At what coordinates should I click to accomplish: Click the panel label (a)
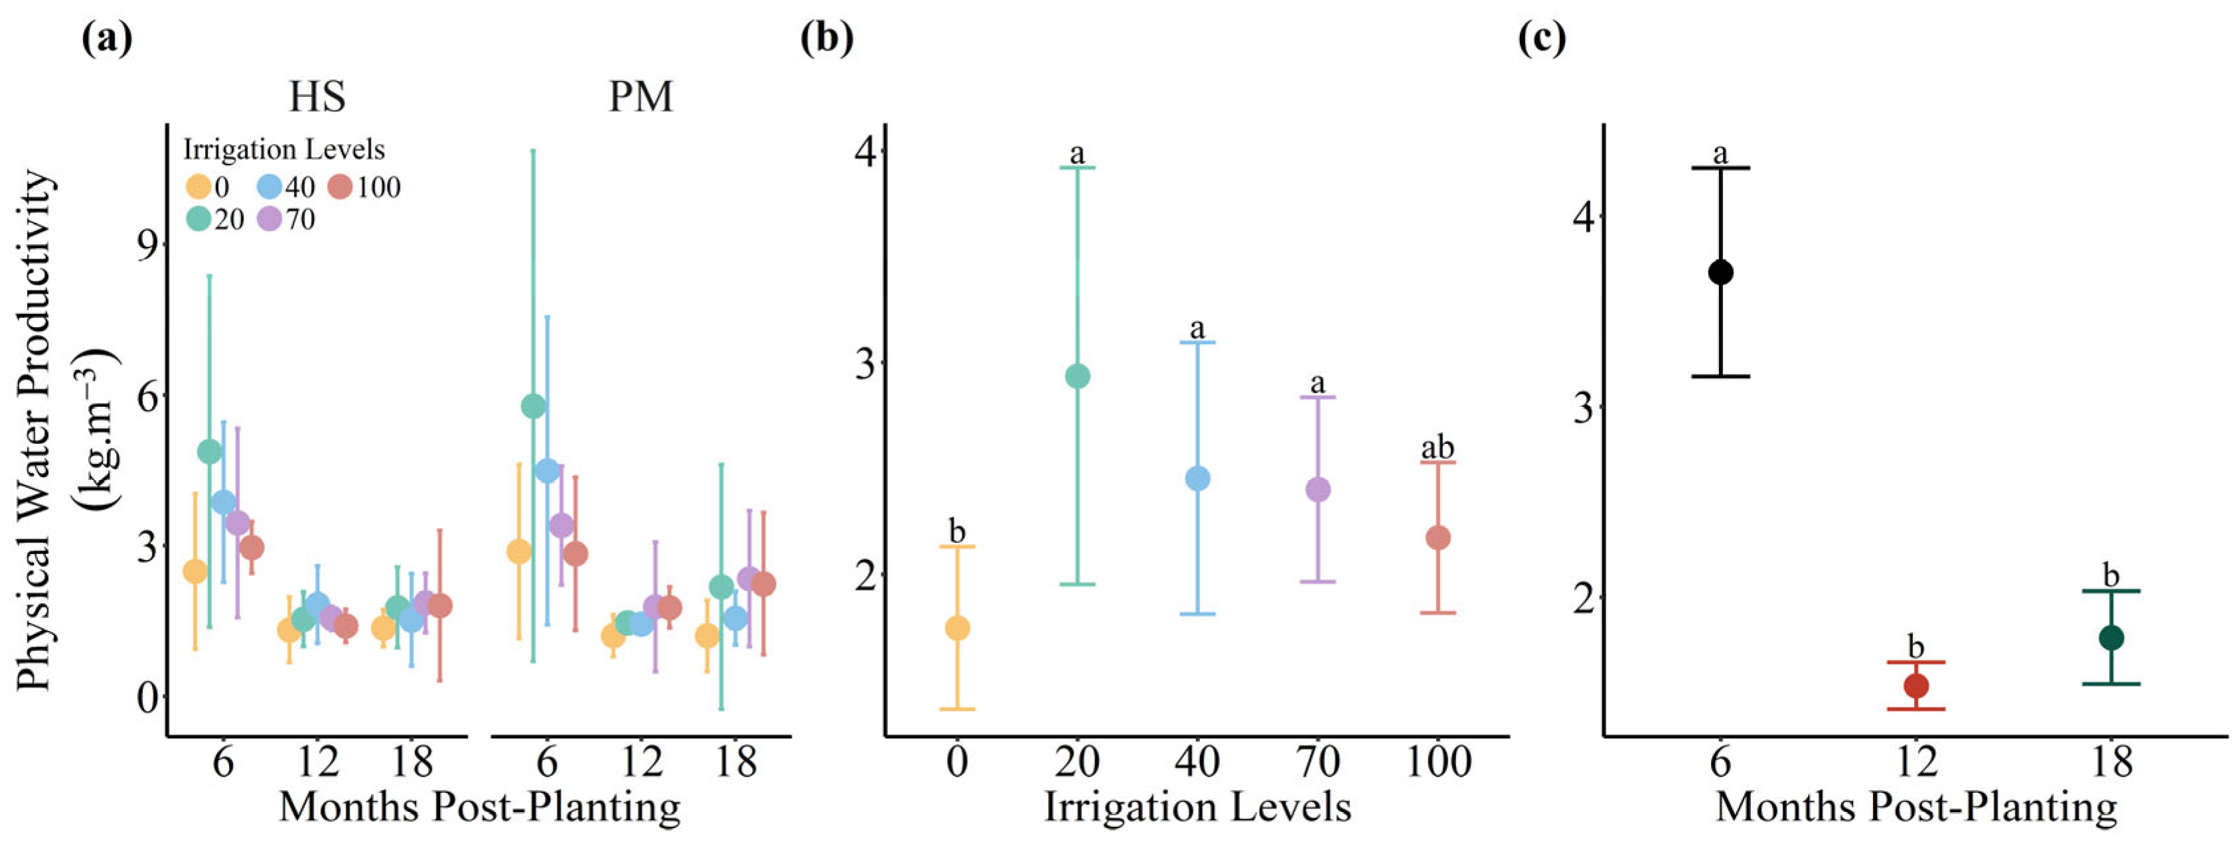click(107, 39)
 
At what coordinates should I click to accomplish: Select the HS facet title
click(317, 96)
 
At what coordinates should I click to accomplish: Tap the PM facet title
click(641, 96)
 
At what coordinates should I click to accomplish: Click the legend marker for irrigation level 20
click(199, 220)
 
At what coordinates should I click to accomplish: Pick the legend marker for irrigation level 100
click(341, 186)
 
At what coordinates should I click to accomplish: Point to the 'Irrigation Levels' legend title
click(283, 150)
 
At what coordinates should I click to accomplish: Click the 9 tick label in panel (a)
click(149, 244)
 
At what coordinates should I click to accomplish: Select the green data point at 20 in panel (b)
click(1077, 376)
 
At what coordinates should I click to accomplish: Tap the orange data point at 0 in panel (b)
click(956, 628)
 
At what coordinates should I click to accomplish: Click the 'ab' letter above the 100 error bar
click(1437, 449)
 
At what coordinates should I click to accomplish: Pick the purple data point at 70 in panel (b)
click(1318, 490)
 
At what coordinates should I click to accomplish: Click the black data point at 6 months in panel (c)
click(1721, 273)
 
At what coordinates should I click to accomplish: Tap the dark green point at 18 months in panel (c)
click(2112, 638)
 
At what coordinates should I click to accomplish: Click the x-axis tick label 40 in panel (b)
click(1197, 762)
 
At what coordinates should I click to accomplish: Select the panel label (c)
click(1541, 39)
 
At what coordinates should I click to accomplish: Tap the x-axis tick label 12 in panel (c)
click(1917, 762)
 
